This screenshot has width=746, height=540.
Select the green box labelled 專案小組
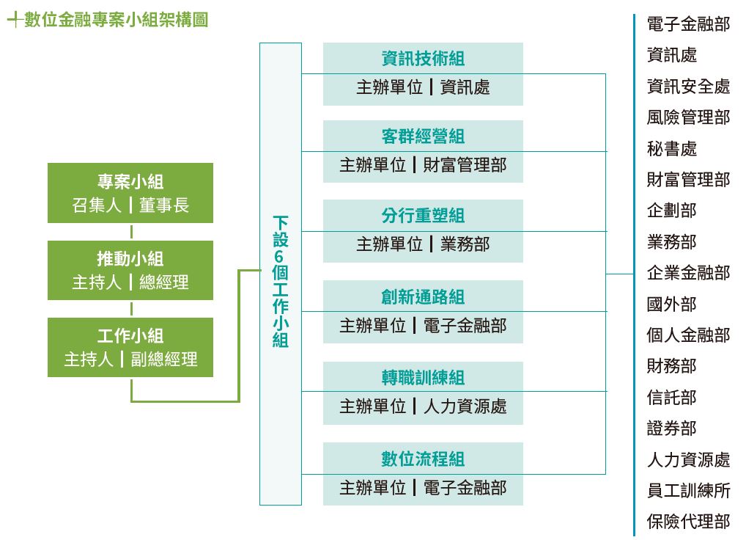tap(130, 193)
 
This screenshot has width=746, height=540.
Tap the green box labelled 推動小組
tap(130, 270)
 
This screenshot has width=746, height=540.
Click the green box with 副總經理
tap(130, 347)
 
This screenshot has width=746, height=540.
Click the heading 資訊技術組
tap(423, 58)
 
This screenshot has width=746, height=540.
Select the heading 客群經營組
tap(423, 136)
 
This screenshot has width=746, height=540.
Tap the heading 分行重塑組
tap(423, 216)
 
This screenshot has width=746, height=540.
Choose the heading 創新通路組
tap(423, 296)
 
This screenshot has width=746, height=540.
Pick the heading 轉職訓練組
tap(423, 378)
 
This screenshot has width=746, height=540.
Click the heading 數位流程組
tap(423, 459)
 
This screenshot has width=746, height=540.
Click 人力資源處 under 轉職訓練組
tap(465, 406)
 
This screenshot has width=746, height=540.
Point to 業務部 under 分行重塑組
tap(465, 244)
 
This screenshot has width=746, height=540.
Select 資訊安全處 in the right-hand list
tap(688, 86)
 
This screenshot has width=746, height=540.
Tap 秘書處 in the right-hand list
tap(672, 149)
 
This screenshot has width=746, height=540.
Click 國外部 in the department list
tap(672, 304)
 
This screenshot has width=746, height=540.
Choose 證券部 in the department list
tap(672, 428)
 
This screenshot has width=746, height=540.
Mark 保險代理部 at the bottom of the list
tap(688, 522)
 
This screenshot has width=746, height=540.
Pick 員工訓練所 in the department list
tap(688, 491)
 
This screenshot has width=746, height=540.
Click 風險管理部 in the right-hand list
tap(688, 117)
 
